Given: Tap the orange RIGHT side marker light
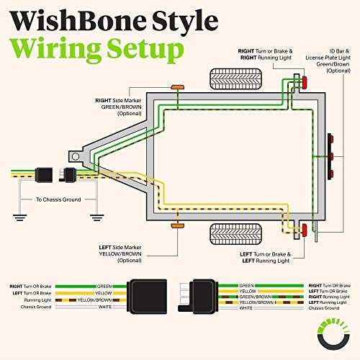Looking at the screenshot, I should [175, 87].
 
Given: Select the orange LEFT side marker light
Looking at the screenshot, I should [175, 227].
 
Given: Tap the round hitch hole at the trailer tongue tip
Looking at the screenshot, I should [74, 154].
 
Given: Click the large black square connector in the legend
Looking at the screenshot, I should [149, 296].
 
